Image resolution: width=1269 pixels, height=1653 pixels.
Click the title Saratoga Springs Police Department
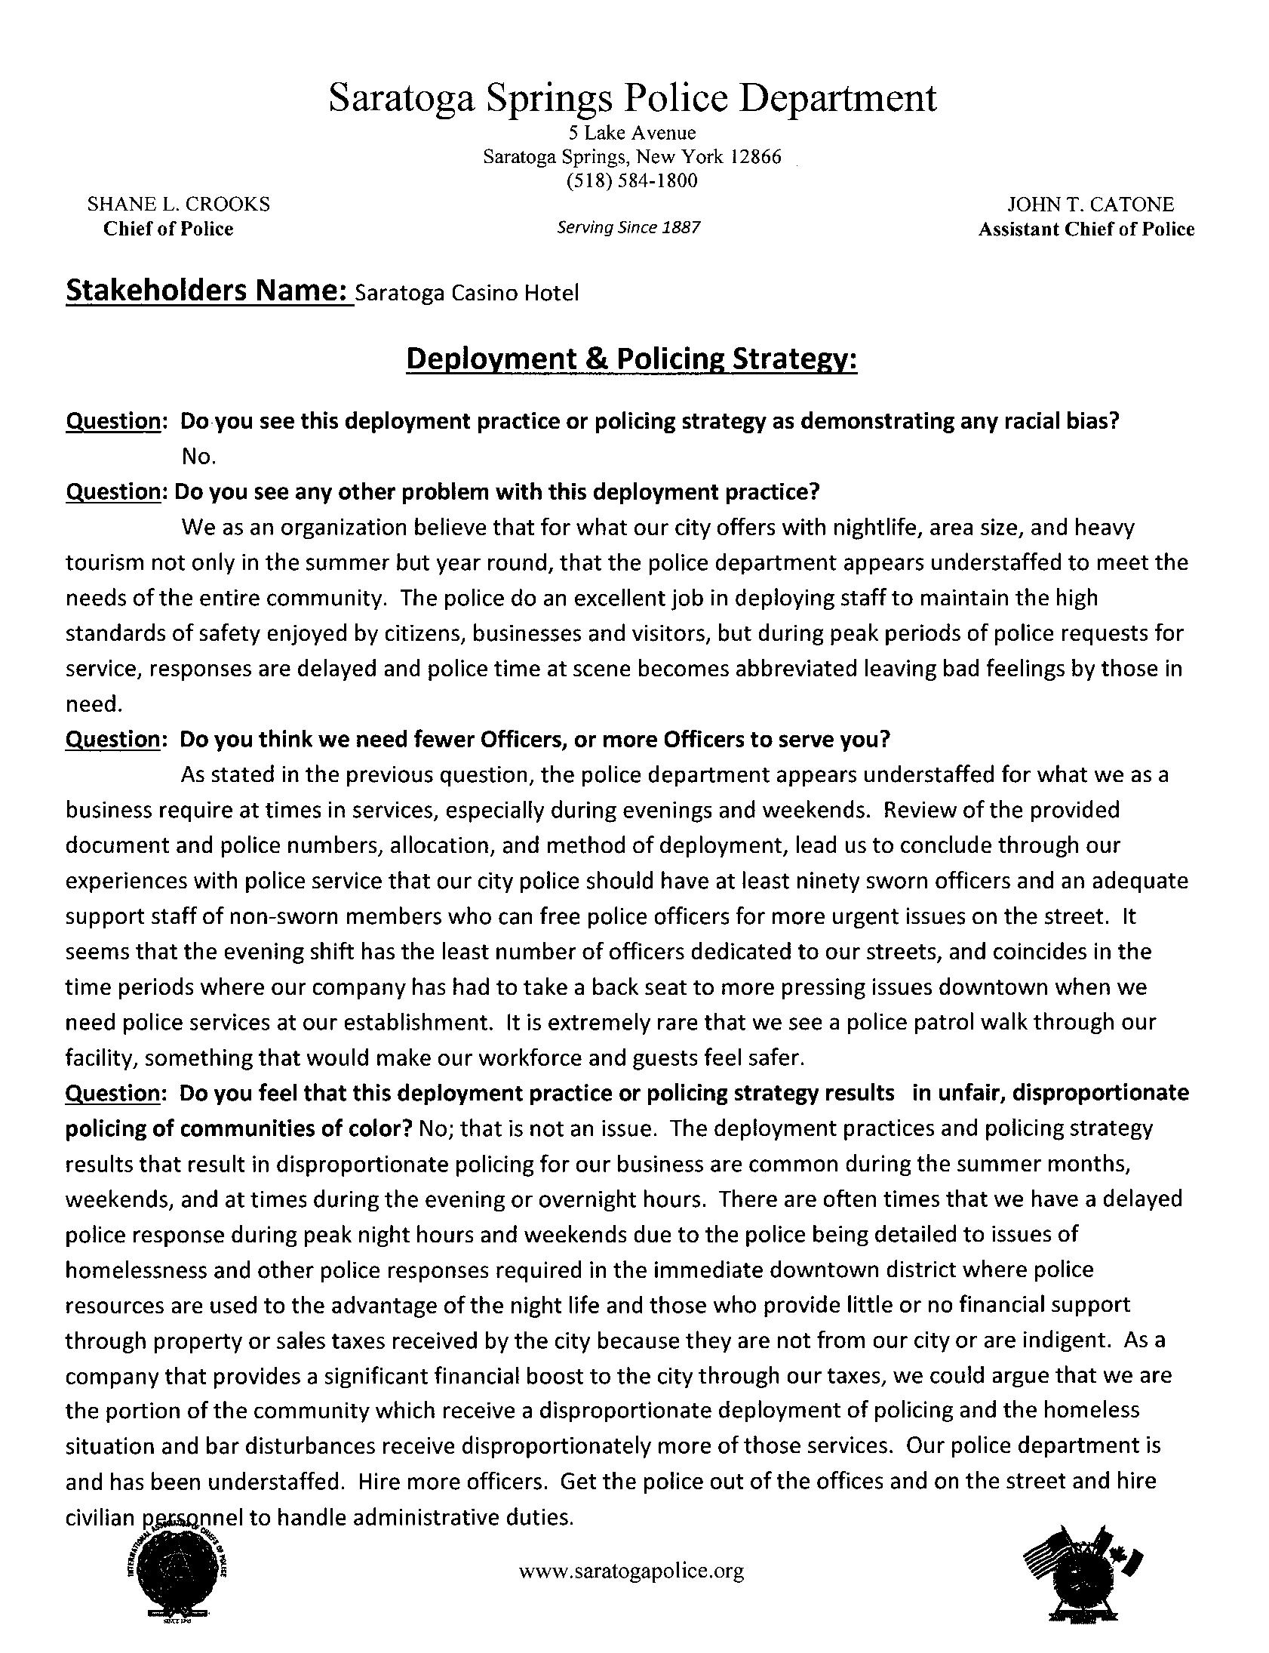click(x=632, y=99)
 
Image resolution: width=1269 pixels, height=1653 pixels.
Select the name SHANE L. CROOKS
click(x=179, y=204)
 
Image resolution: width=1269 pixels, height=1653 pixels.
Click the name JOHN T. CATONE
click(x=1090, y=205)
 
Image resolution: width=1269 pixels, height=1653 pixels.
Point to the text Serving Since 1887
click(x=628, y=227)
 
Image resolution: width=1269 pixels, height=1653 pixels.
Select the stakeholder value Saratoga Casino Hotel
click(x=466, y=294)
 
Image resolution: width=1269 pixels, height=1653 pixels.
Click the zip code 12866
click(x=754, y=157)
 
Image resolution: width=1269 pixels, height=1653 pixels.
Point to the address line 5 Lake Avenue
click(x=632, y=134)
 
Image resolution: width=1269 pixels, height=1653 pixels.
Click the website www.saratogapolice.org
click(x=631, y=1571)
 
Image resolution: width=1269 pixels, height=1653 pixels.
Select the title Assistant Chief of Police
click(x=1086, y=229)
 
